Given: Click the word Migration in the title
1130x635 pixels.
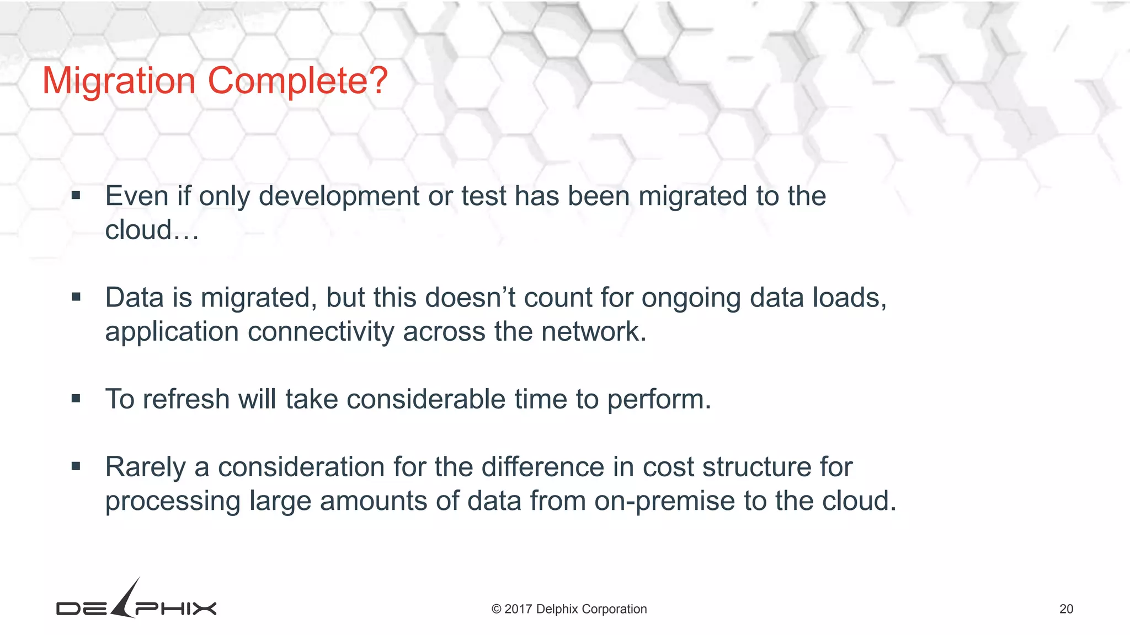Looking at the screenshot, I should point(119,81).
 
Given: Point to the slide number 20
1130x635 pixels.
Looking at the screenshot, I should point(1066,609).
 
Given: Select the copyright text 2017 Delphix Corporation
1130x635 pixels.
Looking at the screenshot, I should point(569,609).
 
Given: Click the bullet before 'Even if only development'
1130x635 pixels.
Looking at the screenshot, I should point(76,196).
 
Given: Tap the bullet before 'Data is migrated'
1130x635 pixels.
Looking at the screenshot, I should point(76,298).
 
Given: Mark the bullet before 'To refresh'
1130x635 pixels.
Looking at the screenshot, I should point(76,399).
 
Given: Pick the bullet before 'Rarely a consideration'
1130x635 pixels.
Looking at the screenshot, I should point(76,467).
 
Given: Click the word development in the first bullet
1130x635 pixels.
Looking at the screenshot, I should point(339,197).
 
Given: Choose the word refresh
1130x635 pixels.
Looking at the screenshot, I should point(186,399).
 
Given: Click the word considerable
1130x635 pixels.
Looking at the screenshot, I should point(425,399).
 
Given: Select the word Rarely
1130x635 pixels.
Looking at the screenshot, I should point(145,467).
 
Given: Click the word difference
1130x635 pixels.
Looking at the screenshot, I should point(542,467).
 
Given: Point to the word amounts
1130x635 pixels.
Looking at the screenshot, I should point(374,501).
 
